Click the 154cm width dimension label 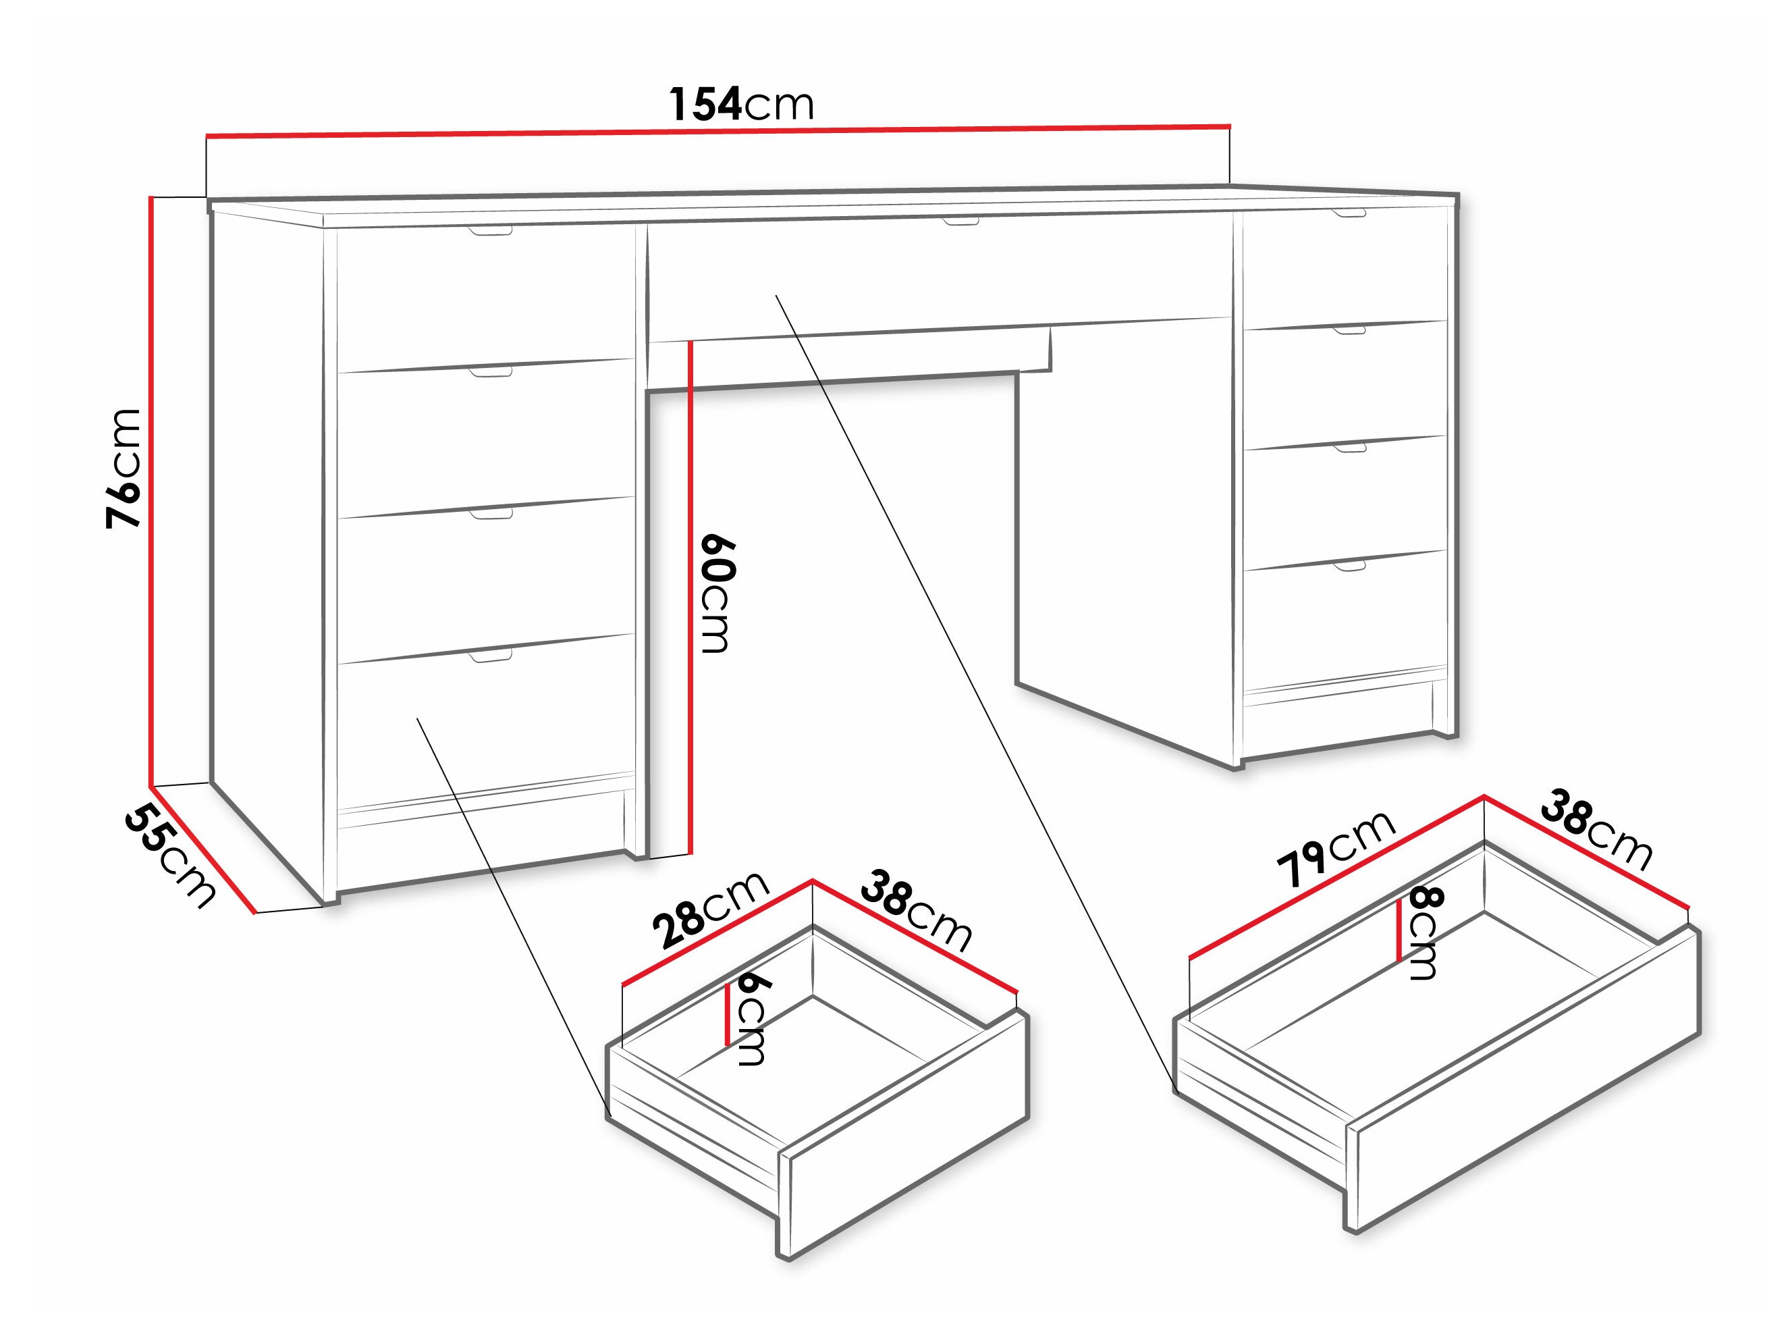point(740,105)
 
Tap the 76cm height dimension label point(126,468)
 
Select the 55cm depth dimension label point(170,856)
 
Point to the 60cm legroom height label point(716,594)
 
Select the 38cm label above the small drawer point(915,911)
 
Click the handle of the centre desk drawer point(960,220)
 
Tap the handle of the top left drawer point(491,232)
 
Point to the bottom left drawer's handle point(491,656)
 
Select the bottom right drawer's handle point(1349,566)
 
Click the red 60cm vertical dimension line point(690,599)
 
